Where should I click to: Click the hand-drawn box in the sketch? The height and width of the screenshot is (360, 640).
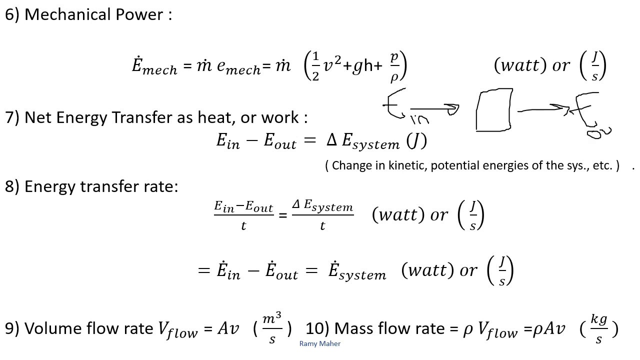[x=494, y=110]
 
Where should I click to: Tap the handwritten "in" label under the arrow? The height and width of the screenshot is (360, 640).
[x=418, y=119]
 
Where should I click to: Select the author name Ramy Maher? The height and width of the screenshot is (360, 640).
[x=320, y=343]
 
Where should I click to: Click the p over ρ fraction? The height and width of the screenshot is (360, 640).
[x=394, y=66]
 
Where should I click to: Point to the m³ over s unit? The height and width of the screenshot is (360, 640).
[x=272, y=328]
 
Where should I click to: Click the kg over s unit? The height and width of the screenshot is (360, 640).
[x=599, y=328]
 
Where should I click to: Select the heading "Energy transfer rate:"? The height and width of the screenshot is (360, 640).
[x=101, y=186]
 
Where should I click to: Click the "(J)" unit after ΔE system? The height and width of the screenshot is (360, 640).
[x=416, y=141]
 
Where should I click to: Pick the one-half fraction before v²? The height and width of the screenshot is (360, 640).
[x=315, y=66]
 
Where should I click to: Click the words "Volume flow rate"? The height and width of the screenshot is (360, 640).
[x=88, y=328]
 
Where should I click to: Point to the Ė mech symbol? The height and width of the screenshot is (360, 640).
[x=154, y=66]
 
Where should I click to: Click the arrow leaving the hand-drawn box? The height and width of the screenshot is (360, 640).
[x=542, y=108]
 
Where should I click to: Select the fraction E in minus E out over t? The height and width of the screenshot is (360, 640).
[x=243, y=215]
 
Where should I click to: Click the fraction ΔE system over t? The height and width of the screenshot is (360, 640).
[x=322, y=215]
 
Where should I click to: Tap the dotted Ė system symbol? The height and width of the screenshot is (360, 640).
[x=357, y=271]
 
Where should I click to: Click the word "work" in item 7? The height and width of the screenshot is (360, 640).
[x=282, y=117]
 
